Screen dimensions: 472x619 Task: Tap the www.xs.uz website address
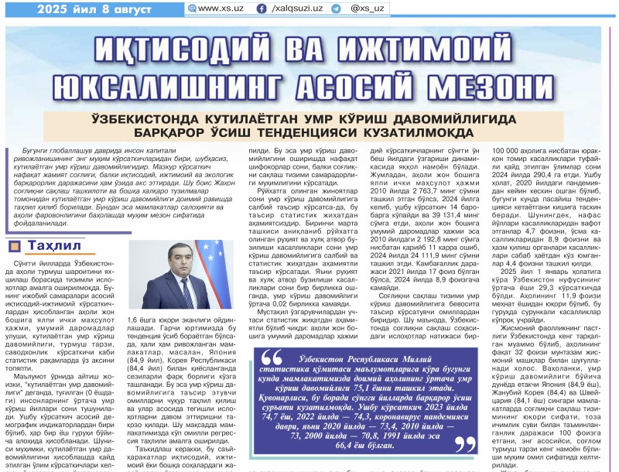click(221, 8)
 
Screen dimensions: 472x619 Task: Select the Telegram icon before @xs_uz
click(336, 8)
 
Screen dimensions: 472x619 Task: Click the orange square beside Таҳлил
click(14, 246)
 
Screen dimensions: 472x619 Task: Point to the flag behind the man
click(212, 263)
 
